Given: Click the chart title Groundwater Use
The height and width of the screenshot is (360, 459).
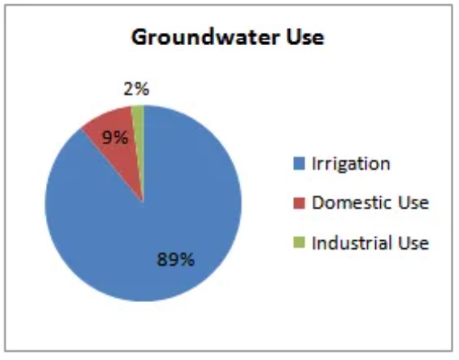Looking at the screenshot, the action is [228, 37].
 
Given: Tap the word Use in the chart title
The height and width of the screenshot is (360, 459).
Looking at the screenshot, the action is [305, 37].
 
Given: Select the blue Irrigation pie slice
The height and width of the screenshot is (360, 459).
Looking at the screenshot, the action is [164, 222].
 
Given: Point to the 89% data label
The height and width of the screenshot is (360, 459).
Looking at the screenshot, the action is [176, 259].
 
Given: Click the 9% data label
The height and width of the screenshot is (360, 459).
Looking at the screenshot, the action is [115, 137].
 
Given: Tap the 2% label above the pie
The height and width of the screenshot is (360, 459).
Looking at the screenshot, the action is [136, 89].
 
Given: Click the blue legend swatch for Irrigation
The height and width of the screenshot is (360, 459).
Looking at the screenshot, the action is [300, 163].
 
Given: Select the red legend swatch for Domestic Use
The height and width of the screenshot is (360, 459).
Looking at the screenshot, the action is [300, 203].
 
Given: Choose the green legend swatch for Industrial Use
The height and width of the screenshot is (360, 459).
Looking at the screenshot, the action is [300, 242].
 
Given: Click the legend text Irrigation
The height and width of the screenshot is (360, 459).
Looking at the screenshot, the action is [351, 164].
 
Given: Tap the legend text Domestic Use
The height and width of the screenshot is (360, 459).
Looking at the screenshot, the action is [370, 202].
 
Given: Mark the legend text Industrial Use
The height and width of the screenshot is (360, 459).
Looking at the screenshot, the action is [370, 242].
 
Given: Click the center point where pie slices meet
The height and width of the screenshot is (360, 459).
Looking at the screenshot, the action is [143, 202].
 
